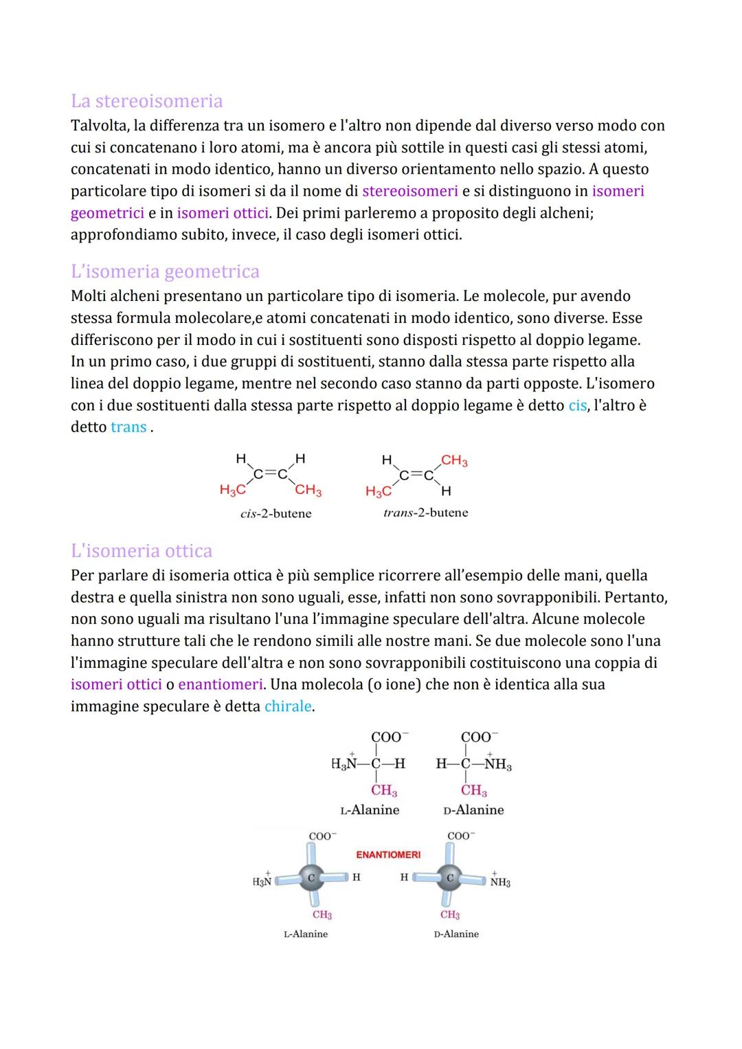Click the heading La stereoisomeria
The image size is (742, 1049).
(146, 101)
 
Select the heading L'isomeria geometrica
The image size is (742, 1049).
(165, 271)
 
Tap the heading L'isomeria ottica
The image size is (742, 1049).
(142, 550)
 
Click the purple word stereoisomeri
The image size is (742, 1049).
(409, 191)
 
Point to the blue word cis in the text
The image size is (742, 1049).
(578, 405)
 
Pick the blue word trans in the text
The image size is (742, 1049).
(128, 427)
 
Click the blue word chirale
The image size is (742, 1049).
(288, 706)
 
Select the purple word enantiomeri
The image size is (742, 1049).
(221, 684)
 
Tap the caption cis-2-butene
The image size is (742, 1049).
(276, 513)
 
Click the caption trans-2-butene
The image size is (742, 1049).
(425, 512)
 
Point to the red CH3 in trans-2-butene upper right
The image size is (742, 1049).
(454, 460)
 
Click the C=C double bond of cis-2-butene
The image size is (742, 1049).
(270, 473)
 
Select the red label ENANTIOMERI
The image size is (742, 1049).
(388, 855)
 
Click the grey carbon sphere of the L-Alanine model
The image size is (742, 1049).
(311, 878)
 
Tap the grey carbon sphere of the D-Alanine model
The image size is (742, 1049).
(450, 878)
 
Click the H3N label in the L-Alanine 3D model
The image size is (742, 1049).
(262, 880)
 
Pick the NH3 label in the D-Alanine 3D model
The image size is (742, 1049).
(499, 881)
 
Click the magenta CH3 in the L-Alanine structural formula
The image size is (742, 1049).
(384, 791)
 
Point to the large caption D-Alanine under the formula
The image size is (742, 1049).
(473, 810)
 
